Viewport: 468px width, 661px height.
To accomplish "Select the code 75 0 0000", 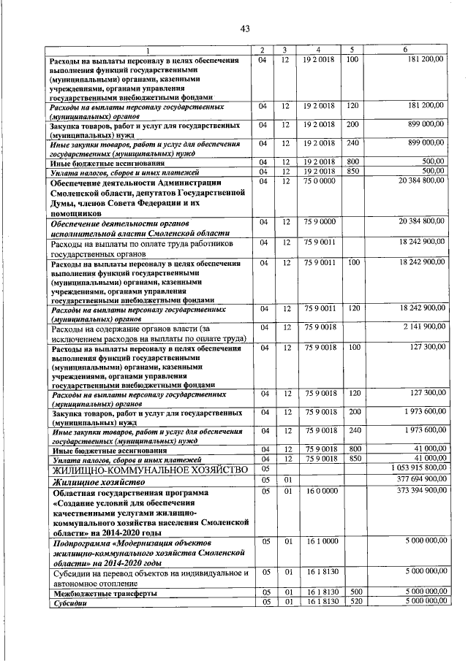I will click(320, 180).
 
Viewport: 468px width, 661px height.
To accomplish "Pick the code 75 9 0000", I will click(320, 220).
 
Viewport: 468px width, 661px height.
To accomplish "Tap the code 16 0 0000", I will click(320, 490).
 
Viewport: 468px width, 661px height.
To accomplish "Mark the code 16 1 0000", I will click(320, 541).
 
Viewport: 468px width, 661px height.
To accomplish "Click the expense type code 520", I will click(356, 602).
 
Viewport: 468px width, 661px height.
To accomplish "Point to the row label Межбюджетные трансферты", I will click(102, 592).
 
